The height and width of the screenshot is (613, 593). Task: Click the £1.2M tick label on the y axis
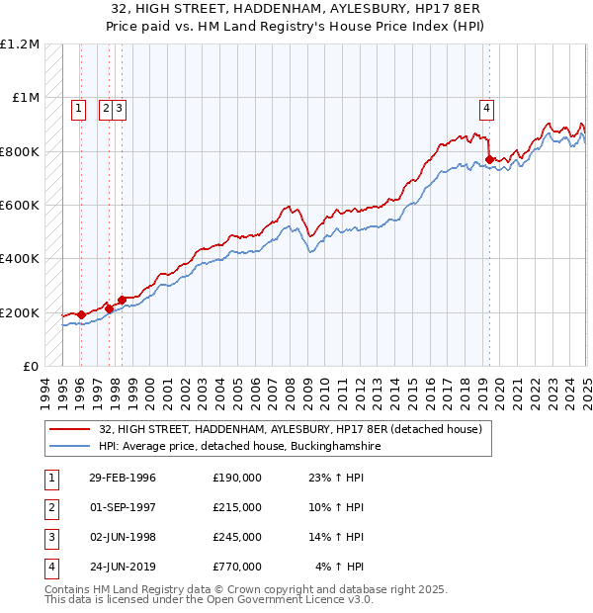tap(19, 44)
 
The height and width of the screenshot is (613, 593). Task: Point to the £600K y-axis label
tap(19, 205)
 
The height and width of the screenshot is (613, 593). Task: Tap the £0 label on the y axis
tap(30, 366)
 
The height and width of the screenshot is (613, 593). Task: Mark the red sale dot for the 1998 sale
tap(122, 300)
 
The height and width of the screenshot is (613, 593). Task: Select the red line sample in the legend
tap(71, 429)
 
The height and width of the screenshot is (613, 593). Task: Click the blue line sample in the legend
tap(71, 447)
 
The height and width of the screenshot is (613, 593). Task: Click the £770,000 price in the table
tap(237, 567)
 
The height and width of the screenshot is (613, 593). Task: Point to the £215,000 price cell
tap(237, 507)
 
